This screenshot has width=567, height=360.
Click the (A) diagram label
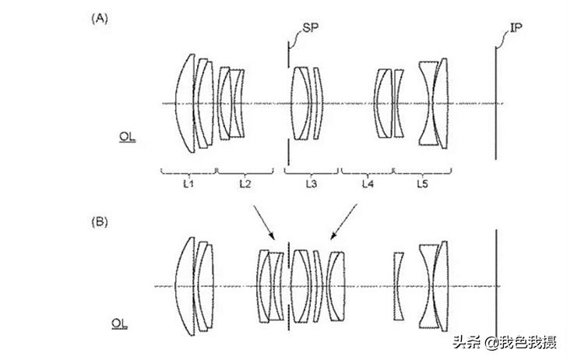[x=100, y=18]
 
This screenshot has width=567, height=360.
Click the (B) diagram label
[x=100, y=221]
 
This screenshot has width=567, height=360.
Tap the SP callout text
[x=310, y=27]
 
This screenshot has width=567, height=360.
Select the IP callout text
[x=516, y=27]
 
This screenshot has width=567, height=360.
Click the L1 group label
[x=188, y=184]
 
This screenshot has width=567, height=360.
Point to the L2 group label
[x=245, y=184]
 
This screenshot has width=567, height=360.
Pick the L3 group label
[x=312, y=184]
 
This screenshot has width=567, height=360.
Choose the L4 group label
[x=368, y=184]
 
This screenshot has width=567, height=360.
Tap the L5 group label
[x=422, y=184]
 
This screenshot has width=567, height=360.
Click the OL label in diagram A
[x=127, y=137]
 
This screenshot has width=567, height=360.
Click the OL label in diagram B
[x=119, y=323]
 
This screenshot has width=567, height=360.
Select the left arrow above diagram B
[x=264, y=223]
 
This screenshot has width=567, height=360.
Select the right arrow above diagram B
[x=344, y=222]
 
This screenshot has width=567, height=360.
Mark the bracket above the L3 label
[x=312, y=171]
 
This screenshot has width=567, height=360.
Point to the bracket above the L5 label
[x=422, y=171]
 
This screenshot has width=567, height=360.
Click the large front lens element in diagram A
[x=185, y=104]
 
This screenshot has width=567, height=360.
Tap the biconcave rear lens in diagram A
[x=428, y=104]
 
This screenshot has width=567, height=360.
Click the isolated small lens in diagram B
[x=399, y=286]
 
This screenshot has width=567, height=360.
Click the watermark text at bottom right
[x=505, y=342]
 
